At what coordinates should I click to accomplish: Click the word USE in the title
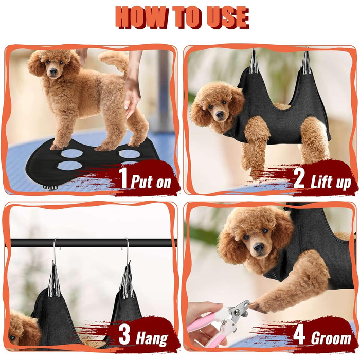click(x=223, y=17)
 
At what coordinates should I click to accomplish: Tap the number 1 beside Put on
click(x=124, y=178)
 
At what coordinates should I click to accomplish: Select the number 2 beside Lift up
click(x=299, y=178)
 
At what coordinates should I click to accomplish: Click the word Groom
click(x=331, y=337)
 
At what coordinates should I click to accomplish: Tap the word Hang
click(x=152, y=338)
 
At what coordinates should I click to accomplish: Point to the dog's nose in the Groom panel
click(x=259, y=248)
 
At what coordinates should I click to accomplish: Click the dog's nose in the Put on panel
click(x=53, y=71)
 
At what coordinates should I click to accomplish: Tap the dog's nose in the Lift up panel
click(x=220, y=114)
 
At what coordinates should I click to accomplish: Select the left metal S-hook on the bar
click(x=56, y=250)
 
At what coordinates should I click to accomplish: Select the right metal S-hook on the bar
click(x=127, y=250)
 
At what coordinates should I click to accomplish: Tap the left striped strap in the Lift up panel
click(x=254, y=62)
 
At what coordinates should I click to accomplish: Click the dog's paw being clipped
click(x=257, y=307)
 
